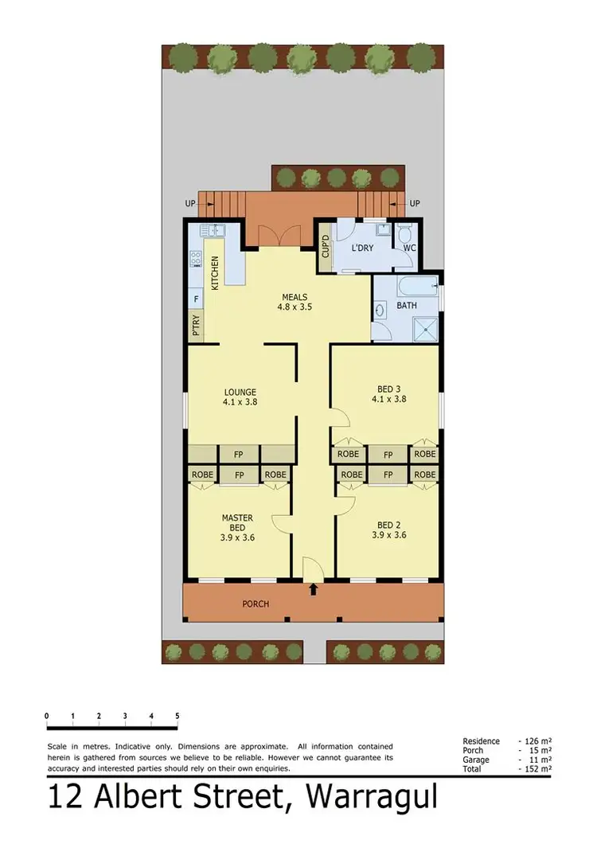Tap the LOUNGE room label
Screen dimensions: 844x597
pos(240,392)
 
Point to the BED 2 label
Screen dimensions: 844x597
pos(388,525)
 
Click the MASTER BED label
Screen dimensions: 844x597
pos(237,522)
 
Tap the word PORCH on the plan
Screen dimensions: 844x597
pos(256,604)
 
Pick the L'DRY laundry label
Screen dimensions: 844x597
pos(364,248)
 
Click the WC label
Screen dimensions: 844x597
pos(409,248)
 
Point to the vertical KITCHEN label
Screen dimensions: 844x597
pos(215,272)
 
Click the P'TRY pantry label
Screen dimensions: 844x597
pos(196,326)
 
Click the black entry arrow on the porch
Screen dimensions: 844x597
pos(313,590)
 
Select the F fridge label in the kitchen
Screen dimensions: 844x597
pos(196,300)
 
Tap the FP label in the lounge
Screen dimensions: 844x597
pos(238,455)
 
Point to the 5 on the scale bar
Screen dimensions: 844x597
pos(177,716)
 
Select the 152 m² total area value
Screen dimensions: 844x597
pos(537,769)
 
